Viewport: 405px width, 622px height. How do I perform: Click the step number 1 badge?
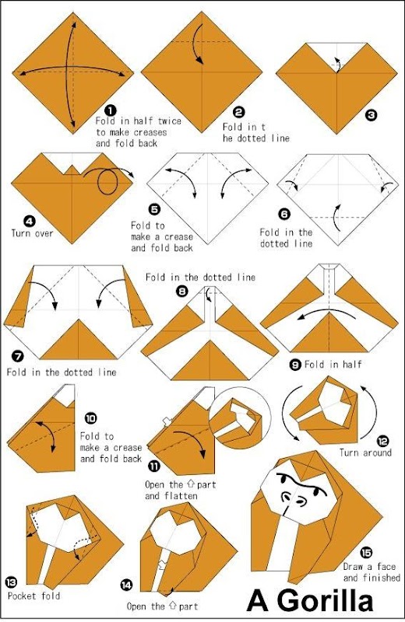[111, 111]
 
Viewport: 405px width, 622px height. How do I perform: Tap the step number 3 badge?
[371, 115]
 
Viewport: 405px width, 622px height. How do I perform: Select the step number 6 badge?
[284, 215]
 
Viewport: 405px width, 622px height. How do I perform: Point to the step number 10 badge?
[90, 418]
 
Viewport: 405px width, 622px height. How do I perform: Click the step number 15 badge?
[366, 552]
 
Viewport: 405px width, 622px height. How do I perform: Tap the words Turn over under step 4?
[32, 232]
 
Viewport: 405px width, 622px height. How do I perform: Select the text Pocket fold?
[33, 596]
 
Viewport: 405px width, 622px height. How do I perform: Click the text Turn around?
[365, 453]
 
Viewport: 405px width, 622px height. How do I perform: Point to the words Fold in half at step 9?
[333, 364]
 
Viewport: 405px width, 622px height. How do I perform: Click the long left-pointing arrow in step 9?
[326, 313]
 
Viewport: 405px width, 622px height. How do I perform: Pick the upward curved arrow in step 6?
[336, 218]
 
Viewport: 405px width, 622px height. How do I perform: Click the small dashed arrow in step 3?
[337, 65]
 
